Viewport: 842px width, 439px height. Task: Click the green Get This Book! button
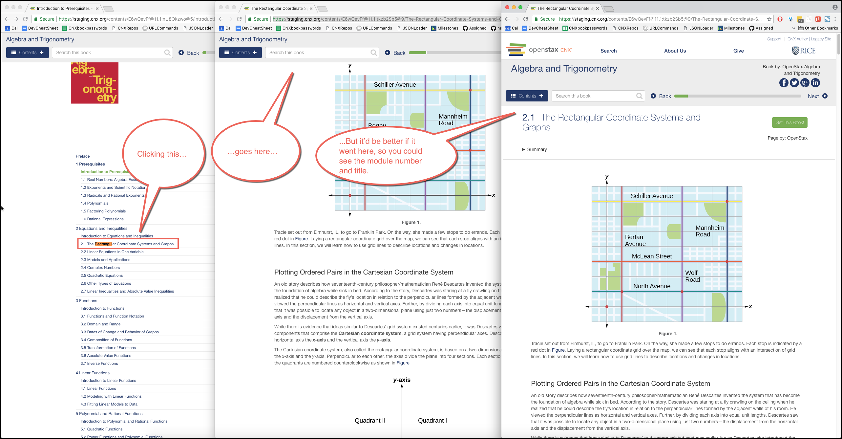[789, 122]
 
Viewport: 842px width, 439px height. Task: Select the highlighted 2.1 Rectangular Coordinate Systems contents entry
[127, 244]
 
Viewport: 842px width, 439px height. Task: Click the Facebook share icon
[784, 83]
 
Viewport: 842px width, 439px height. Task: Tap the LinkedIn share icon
[815, 83]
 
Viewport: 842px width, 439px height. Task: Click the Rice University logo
[804, 51]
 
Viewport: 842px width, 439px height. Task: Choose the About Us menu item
[675, 51]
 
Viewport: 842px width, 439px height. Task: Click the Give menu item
[738, 51]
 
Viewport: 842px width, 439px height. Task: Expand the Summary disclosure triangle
[524, 149]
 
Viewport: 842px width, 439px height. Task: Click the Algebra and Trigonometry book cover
[95, 83]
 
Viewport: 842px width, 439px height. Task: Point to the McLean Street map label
[652, 256]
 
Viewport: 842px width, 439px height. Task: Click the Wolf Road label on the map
[692, 276]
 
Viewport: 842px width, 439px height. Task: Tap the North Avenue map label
[652, 286]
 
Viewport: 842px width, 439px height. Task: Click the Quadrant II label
[370, 421]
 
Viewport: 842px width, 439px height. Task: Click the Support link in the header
[774, 39]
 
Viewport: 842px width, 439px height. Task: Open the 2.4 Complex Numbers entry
[100, 268]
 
